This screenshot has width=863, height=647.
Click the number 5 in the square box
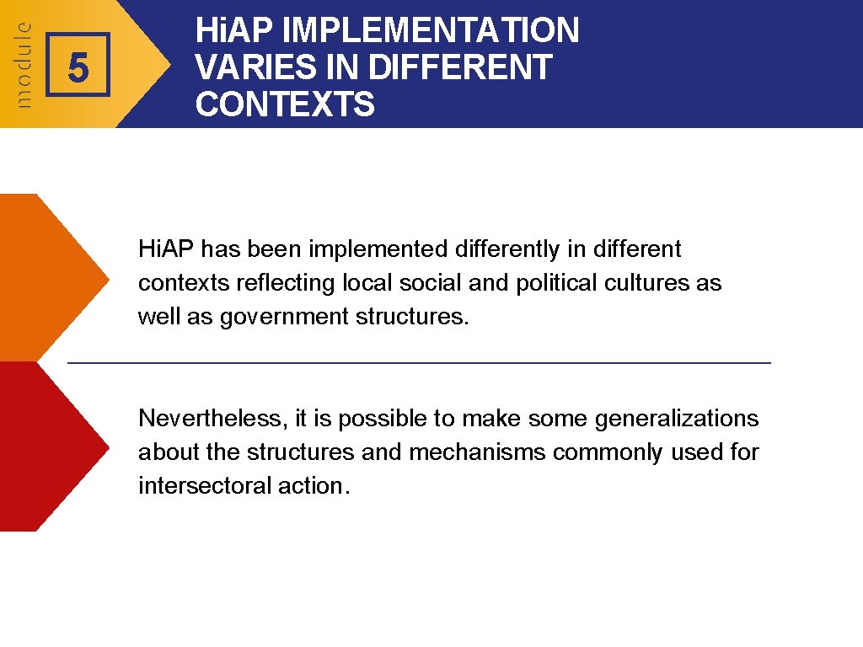(x=78, y=67)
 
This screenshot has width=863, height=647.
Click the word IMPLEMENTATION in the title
(x=431, y=31)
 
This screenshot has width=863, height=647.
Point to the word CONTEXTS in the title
(x=285, y=104)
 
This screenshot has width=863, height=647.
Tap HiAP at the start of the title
(x=233, y=31)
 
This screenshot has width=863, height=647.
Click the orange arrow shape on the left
(x=51, y=277)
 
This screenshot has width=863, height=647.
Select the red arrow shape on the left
(x=51, y=446)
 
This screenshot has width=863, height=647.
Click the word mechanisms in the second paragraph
(x=478, y=452)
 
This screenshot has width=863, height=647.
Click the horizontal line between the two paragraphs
(x=419, y=362)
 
